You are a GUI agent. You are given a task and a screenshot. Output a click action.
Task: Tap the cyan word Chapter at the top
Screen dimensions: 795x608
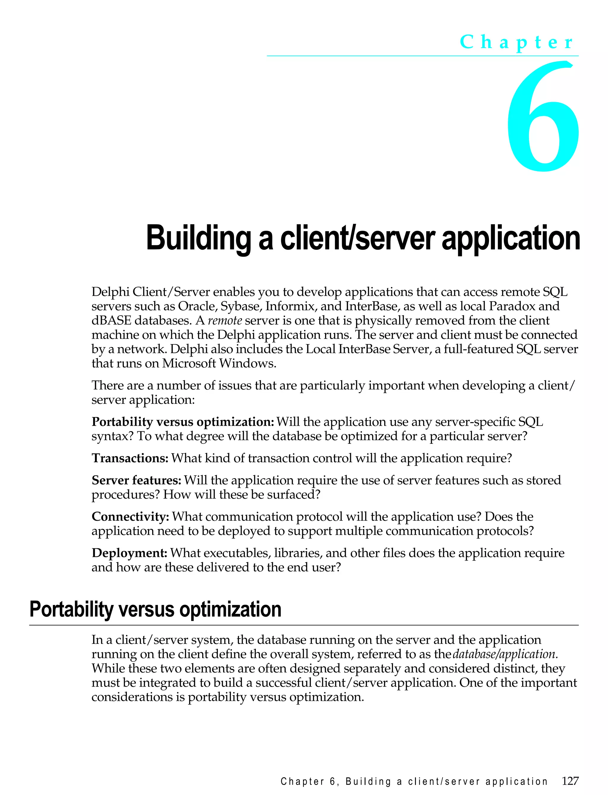point(517,43)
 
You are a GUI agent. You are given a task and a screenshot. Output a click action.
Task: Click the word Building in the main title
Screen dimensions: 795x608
point(198,238)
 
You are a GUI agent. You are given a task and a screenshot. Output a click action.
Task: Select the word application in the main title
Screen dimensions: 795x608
point(511,238)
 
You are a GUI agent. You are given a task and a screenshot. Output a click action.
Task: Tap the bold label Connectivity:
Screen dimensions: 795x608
point(130,517)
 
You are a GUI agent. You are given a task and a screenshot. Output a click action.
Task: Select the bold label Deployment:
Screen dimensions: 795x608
point(129,553)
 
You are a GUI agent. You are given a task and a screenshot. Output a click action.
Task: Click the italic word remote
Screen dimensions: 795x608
point(225,321)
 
